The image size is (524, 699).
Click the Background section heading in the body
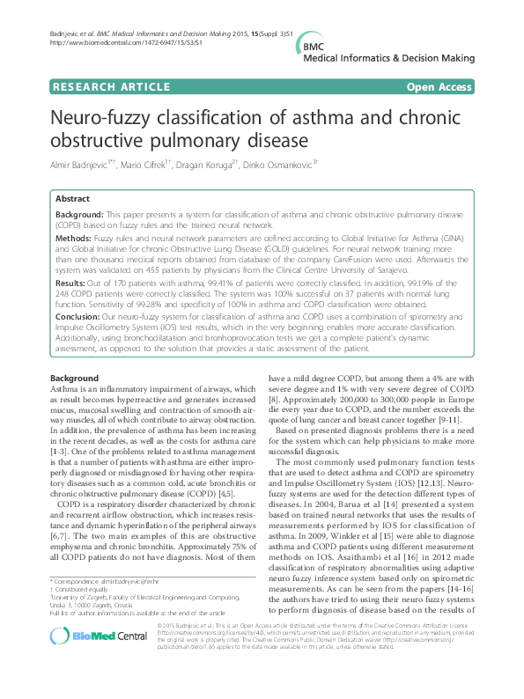pos(75,379)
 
